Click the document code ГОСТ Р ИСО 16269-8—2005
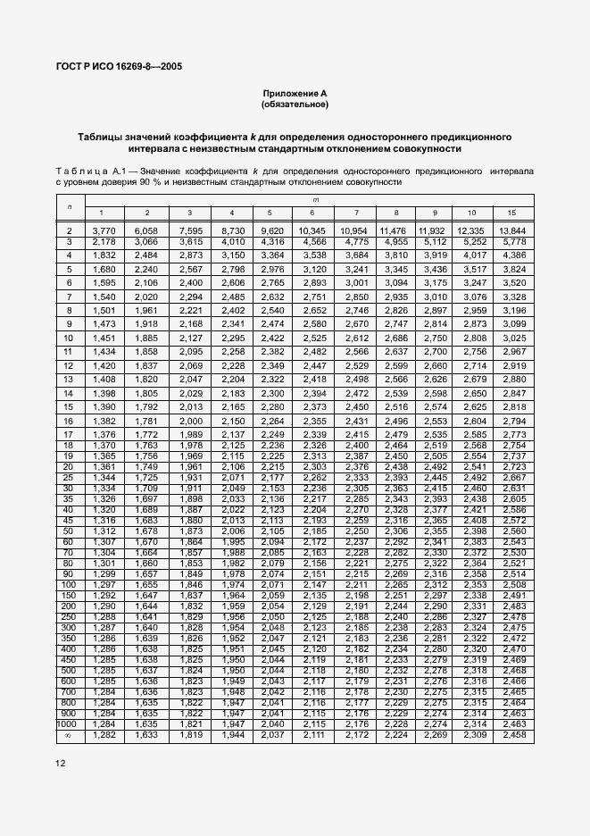coord(126,67)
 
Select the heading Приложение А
coord(295,94)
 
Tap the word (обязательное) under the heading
coord(295,104)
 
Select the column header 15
coord(511,213)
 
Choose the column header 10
coord(471,213)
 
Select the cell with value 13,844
coord(511,231)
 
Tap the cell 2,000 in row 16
coord(190,421)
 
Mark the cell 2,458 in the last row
coord(511,735)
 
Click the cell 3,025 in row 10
coord(511,339)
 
